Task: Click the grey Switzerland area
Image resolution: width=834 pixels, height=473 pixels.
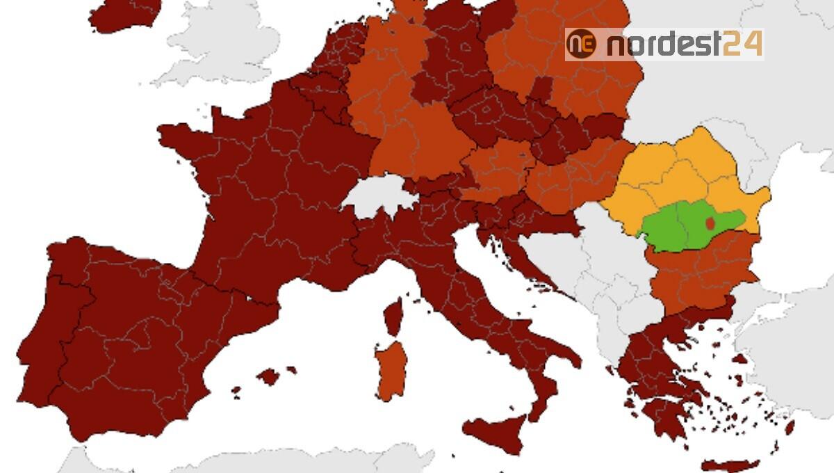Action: [379, 195]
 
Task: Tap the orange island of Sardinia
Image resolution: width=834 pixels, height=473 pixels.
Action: [391, 369]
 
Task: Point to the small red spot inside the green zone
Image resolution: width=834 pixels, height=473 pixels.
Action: [710, 223]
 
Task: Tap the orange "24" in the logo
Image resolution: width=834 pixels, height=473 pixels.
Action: [742, 45]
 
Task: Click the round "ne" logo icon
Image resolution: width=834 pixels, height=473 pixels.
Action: [582, 44]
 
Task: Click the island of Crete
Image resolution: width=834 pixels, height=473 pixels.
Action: [730, 465]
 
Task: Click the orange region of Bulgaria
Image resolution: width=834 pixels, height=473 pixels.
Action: [702, 271]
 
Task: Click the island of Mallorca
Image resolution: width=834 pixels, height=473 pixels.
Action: [268, 377]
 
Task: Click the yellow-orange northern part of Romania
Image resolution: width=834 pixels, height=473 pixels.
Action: [688, 174]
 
